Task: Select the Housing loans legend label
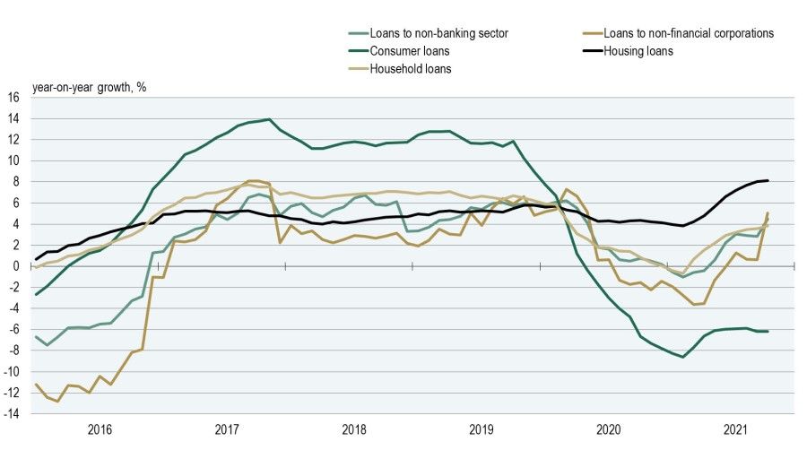[638, 51]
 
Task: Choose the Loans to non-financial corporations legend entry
[688, 33]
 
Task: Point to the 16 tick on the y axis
[14, 98]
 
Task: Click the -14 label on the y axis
[12, 413]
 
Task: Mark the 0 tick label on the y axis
[17, 266]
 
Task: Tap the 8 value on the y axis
[17, 182]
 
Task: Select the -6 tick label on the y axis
[14, 329]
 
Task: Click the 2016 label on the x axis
[100, 430]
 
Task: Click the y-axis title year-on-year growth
[90, 87]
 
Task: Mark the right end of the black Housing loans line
[768, 180]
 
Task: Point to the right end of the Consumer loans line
[768, 331]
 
